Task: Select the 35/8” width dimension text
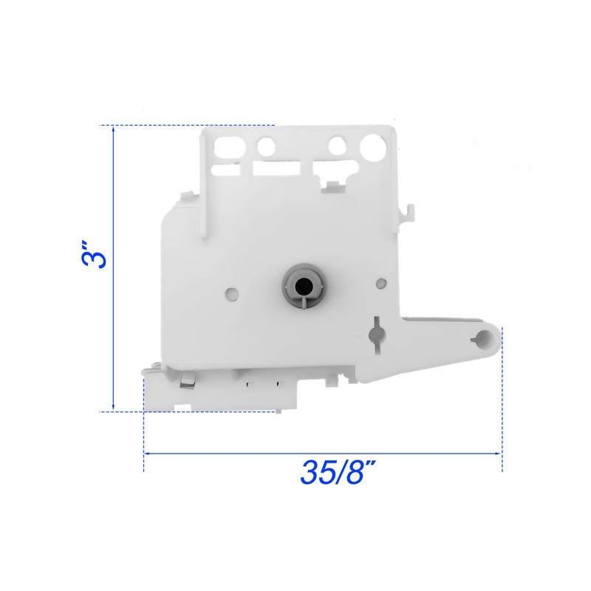pos(333,472)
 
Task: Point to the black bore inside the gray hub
pos(300,281)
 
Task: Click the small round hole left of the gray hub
pos(232,293)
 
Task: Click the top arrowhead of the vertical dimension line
pos(113,129)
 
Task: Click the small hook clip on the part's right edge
pos(405,211)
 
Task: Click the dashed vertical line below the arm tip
pos(502,414)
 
